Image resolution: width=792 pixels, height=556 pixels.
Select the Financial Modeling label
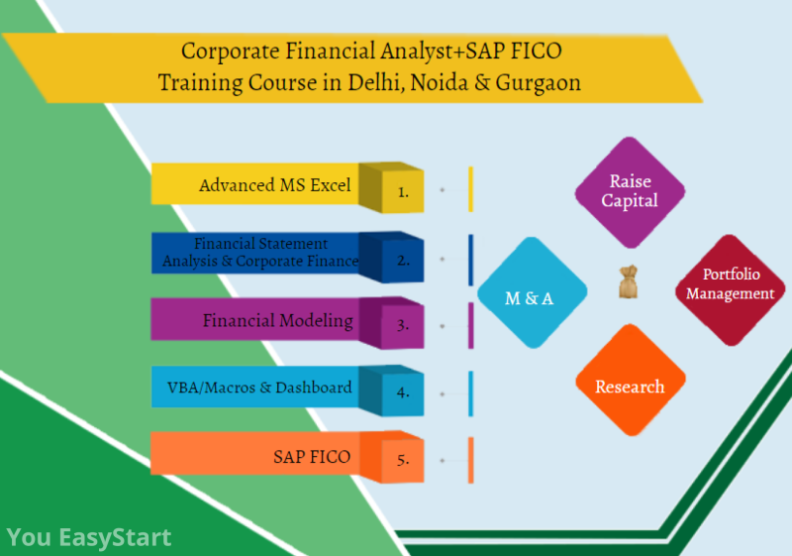pyautogui.click(x=278, y=320)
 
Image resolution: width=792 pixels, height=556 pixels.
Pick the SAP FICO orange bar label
pyautogui.click(x=312, y=457)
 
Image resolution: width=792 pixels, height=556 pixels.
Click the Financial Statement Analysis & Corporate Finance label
pyautogui.click(x=260, y=253)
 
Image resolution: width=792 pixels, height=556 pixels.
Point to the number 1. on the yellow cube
pyautogui.click(x=403, y=192)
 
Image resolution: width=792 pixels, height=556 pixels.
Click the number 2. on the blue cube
pyautogui.click(x=403, y=261)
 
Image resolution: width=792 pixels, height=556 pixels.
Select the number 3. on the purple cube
pyautogui.click(x=403, y=325)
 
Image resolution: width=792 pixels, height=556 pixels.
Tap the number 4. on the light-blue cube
pyautogui.click(x=403, y=391)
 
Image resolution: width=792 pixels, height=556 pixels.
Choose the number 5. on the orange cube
pyautogui.click(x=403, y=460)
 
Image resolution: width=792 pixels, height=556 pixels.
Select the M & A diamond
pyautogui.click(x=530, y=296)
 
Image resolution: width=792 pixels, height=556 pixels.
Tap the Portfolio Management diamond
pyautogui.click(x=730, y=284)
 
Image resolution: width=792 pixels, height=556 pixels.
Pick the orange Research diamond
pyautogui.click(x=630, y=387)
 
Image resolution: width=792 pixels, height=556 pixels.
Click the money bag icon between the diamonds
pyautogui.click(x=628, y=283)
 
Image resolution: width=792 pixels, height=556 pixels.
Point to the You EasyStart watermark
pyautogui.click(x=89, y=538)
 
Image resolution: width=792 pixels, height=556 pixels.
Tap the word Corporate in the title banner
pyautogui.click(x=225, y=49)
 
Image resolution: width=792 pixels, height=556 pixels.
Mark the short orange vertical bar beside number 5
pyautogui.click(x=470, y=460)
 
